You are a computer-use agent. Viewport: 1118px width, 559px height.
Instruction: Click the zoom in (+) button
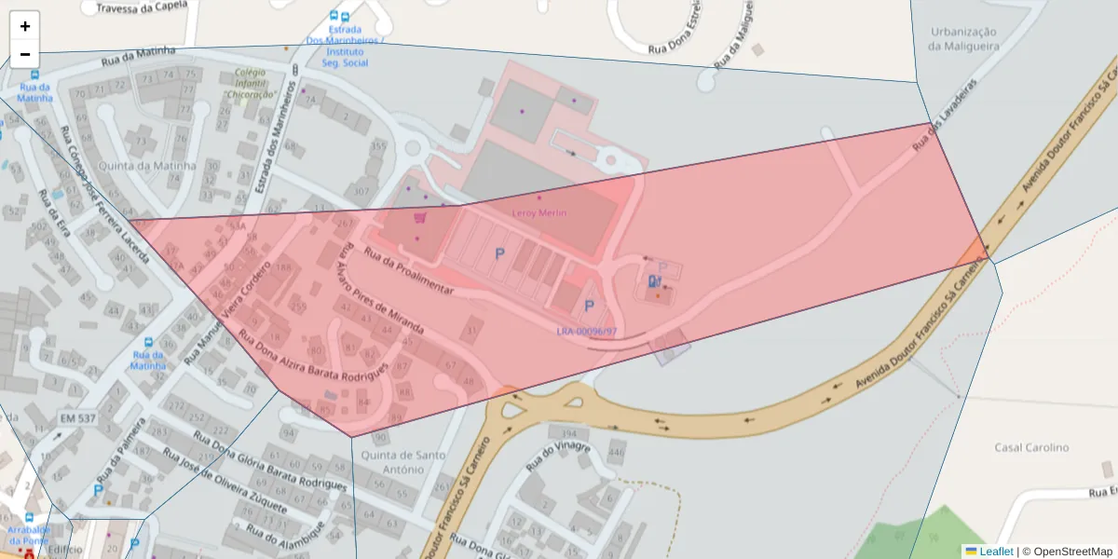[25, 26]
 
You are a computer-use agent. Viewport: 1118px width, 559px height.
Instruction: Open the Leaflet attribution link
[996, 552]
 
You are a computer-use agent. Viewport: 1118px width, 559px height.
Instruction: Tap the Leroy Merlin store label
[539, 213]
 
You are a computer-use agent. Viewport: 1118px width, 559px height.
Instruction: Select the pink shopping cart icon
[420, 217]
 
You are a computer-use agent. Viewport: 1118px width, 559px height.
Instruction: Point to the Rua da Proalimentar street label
[408, 271]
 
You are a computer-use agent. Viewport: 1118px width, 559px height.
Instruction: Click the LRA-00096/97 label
[587, 332]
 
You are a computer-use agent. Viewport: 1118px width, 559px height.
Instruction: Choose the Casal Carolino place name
[1031, 448]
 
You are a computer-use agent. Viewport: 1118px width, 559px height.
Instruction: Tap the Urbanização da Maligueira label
[963, 38]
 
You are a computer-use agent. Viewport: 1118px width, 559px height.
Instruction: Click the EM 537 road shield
[77, 418]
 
